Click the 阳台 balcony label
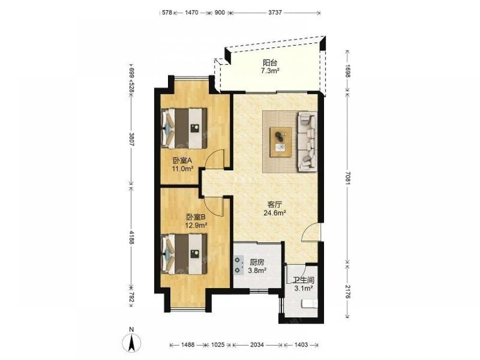click(270, 63)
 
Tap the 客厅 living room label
click(275, 204)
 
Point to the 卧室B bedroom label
click(196, 217)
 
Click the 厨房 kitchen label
click(257, 263)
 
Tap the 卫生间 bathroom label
click(303, 280)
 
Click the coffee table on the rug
click(280, 143)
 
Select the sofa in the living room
click(307, 141)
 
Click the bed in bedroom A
click(184, 128)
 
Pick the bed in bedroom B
click(184, 254)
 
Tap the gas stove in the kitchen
click(238, 265)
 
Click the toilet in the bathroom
click(310, 303)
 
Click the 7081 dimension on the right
click(347, 177)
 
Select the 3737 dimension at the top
click(275, 12)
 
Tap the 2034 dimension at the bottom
click(257, 345)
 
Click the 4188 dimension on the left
click(132, 237)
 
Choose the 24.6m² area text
click(275, 213)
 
